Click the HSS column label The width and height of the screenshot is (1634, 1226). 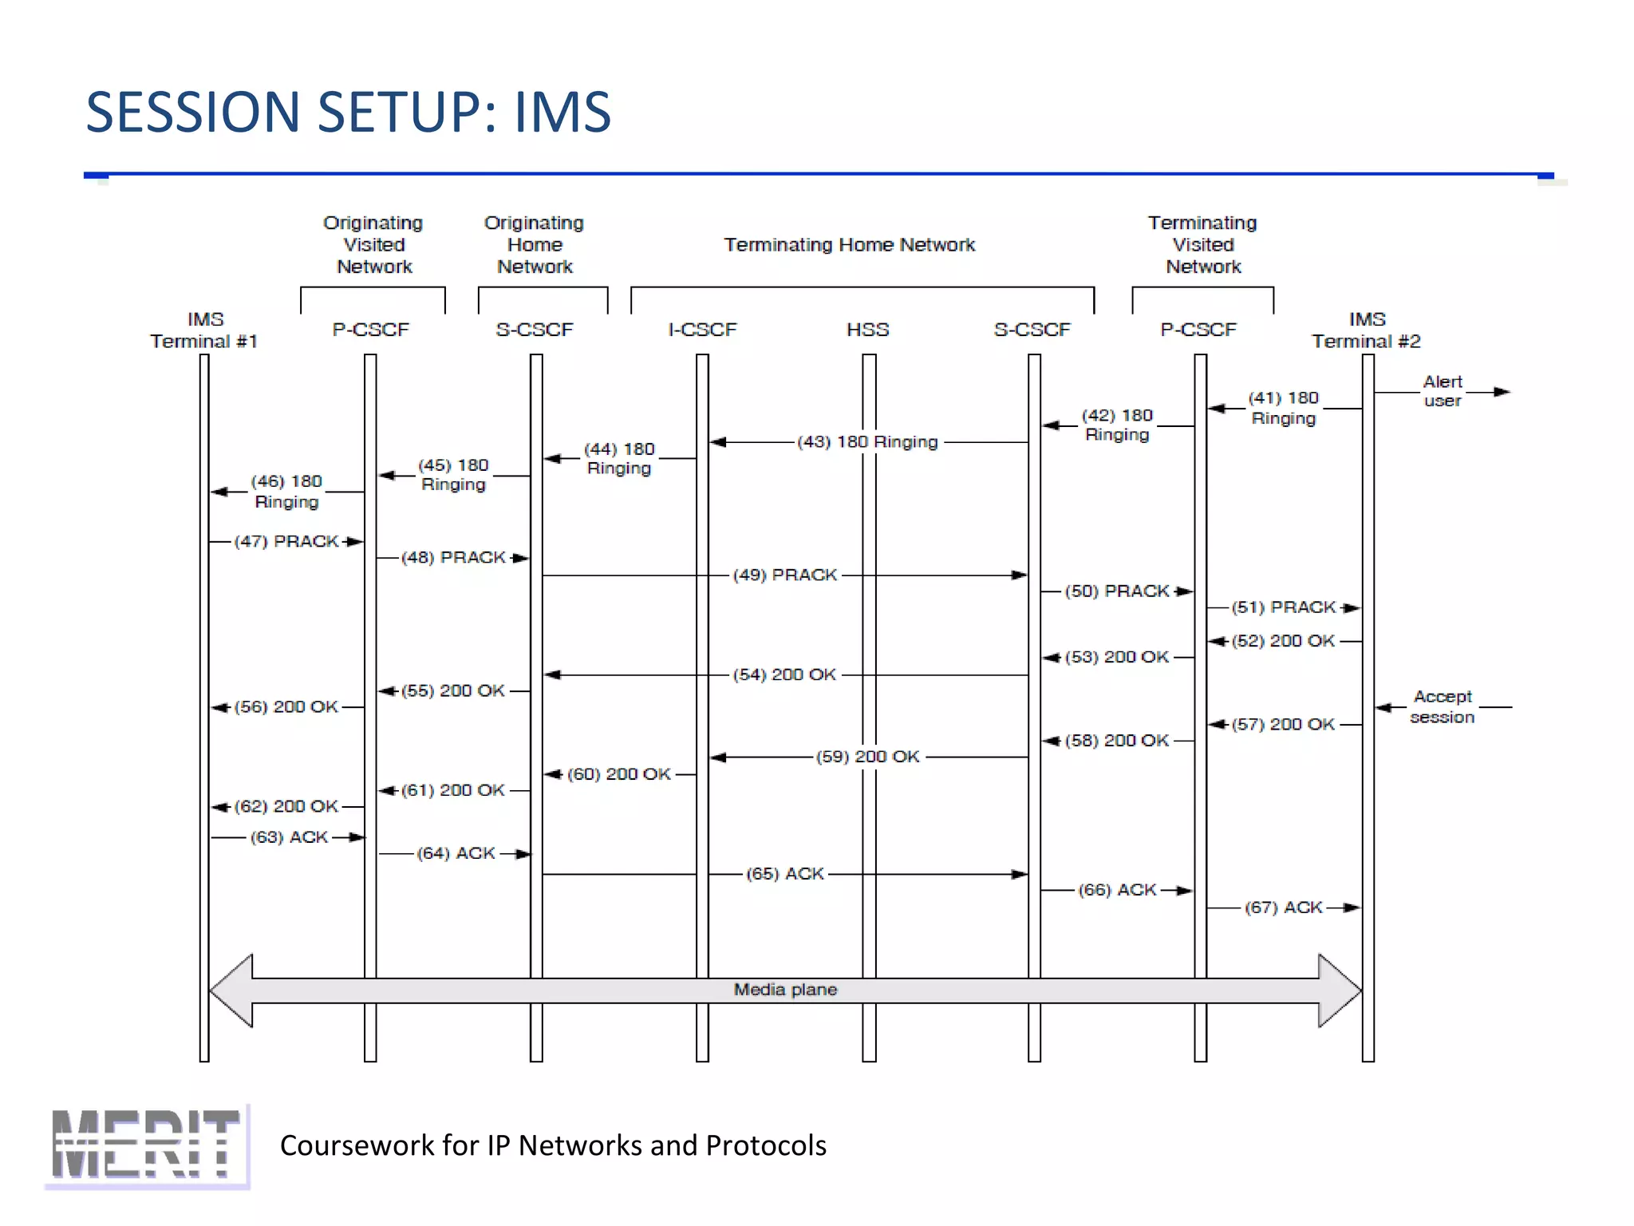[x=867, y=330]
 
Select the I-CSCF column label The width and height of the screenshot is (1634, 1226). [x=702, y=330]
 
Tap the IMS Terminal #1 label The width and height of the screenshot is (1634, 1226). [x=204, y=330]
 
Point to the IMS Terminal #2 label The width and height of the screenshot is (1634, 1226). [x=1366, y=330]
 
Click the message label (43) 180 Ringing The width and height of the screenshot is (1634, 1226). [x=867, y=441]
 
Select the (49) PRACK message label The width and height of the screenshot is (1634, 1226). [x=785, y=575]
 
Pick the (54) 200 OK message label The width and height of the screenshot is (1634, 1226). [x=784, y=674]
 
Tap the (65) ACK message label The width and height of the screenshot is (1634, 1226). [x=785, y=874]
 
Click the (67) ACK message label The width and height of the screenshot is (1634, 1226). [x=1284, y=908]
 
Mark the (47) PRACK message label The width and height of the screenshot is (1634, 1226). [x=286, y=541]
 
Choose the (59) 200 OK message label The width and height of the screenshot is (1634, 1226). [x=867, y=757]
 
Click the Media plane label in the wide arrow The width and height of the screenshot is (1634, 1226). [x=785, y=990]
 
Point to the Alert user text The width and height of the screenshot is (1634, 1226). [x=1443, y=391]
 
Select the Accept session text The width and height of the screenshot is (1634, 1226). [x=1443, y=707]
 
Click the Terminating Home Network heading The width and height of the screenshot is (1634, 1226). [x=849, y=245]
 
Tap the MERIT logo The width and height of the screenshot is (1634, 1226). [x=146, y=1145]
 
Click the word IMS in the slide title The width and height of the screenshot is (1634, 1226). [x=562, y=112]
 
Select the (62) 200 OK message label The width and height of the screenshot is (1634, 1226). [x=286, y=806]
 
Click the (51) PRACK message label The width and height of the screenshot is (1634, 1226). [x=1284, y=607]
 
